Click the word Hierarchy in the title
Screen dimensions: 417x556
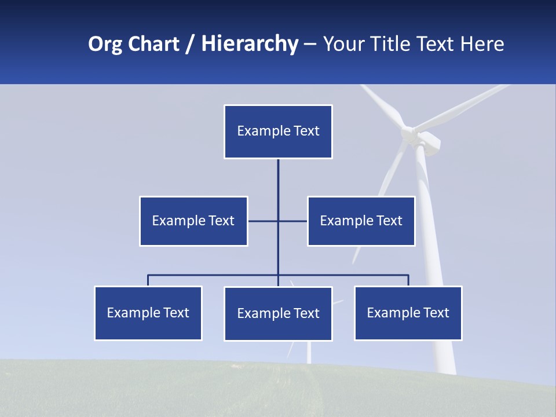[x=250, y=44]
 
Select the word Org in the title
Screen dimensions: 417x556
[x=105, y=44]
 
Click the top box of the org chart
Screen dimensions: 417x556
[x=278, y=131]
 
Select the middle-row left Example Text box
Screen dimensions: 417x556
[x=193, y=221]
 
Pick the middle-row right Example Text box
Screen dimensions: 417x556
[x=361, y=221]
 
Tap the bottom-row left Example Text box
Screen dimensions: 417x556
[x=148, y=313]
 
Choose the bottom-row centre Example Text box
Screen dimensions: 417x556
[x=278, y=313]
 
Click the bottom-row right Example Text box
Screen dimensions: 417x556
[x=408, y=313]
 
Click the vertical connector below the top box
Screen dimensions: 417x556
[x=278, y=185]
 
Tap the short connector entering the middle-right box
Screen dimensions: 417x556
[x=294, y=221]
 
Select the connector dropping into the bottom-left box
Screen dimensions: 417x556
[x=148, y=280]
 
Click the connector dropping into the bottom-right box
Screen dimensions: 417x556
[x=408, y=280]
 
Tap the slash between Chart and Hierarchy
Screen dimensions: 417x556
[x=189, y=44]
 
